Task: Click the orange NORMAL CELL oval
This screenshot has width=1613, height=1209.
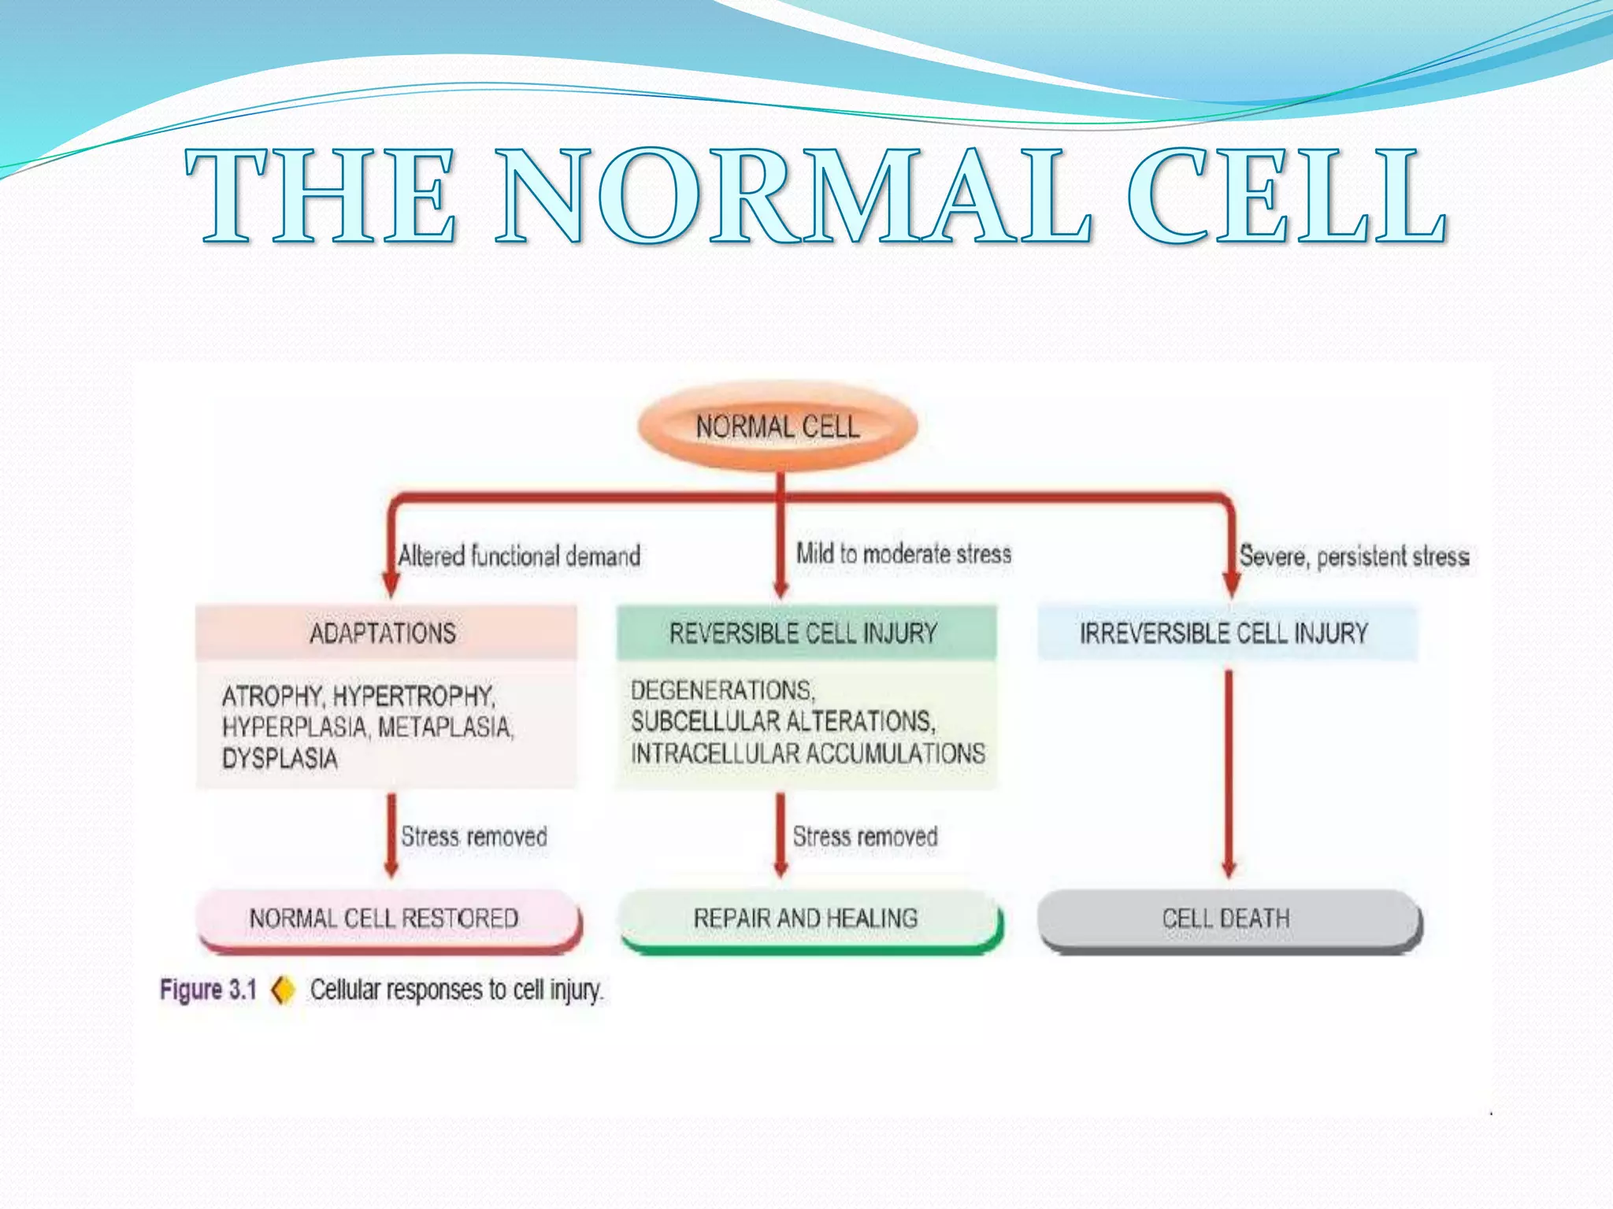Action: coord(777,427)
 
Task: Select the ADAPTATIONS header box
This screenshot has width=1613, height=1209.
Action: coord(384,633)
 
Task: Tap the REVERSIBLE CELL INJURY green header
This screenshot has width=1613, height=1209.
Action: coord(804,633)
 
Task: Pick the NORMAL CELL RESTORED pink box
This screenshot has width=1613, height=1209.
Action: coord(385,919)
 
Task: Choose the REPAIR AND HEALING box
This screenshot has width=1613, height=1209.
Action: coord(806,919)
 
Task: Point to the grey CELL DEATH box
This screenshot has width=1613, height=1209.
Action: coord(1226,919)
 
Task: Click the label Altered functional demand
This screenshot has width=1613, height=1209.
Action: coord(519,556)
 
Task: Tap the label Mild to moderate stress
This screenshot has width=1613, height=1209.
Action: coord(903,553)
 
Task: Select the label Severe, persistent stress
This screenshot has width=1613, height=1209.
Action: coord(1354,556)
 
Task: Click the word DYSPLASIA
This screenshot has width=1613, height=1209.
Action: coord(280,759)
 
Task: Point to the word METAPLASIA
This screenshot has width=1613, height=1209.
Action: coord(446,727)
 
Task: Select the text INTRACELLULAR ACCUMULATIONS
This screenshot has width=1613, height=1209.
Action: coord(808,753)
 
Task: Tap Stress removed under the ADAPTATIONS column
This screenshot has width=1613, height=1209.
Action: coord(474,836)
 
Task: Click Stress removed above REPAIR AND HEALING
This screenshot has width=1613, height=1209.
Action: coord(865,836)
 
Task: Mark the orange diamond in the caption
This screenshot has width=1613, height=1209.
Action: coord(283,989)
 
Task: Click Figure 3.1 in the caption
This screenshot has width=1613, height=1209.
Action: coord(209,989)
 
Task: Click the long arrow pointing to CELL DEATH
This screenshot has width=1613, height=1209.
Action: coord(1228,771)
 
